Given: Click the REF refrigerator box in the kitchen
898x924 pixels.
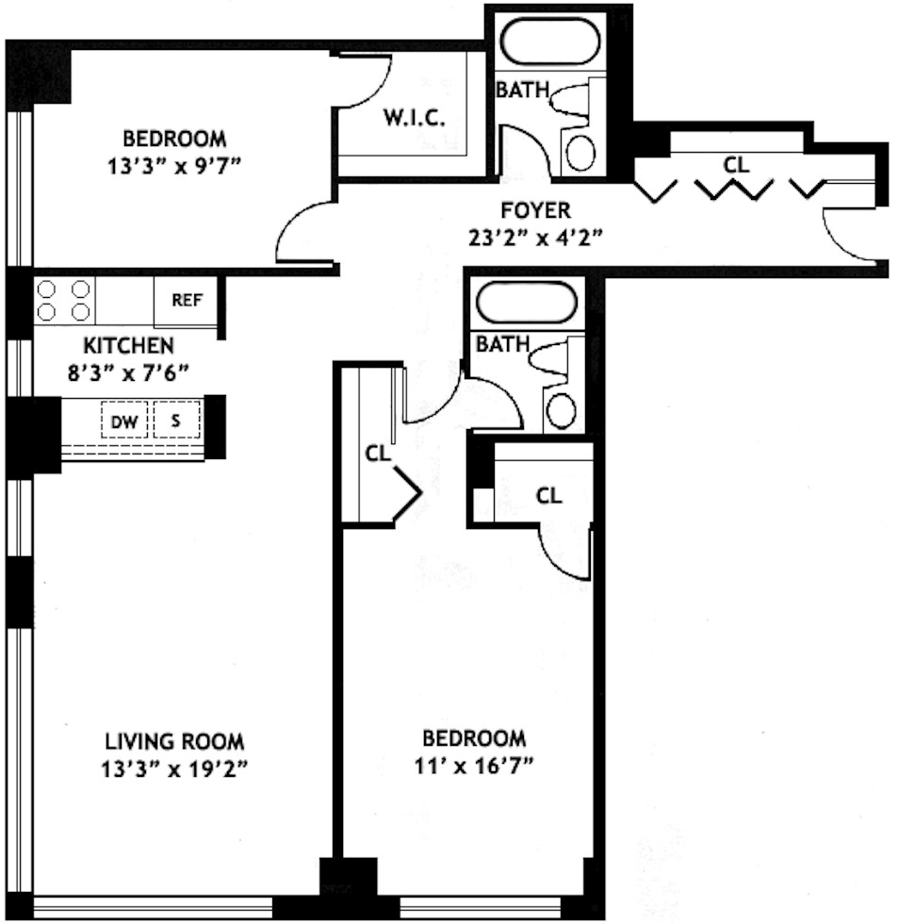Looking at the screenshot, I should tap(186, 301).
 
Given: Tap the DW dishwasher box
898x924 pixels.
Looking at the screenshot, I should tap(124, 421).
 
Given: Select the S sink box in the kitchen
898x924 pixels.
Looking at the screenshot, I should tap(176, 421).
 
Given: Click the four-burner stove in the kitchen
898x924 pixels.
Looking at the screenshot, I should tap(63, 301).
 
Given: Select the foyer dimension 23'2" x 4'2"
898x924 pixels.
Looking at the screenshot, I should tap(534, 237).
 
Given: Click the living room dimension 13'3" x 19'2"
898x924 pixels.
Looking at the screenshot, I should tap(175, 767).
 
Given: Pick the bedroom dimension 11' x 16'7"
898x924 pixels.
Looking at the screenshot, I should tap(473, 766).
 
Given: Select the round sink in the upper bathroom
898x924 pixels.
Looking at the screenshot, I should tap(581, 151).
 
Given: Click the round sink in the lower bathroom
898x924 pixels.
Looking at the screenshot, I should tap(562, 410).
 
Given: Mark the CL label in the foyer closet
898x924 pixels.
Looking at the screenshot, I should tap(736, 164).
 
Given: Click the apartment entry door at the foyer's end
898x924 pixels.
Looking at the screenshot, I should tap(851, 236).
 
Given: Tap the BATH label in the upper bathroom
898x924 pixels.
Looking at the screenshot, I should tap(522, 91).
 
